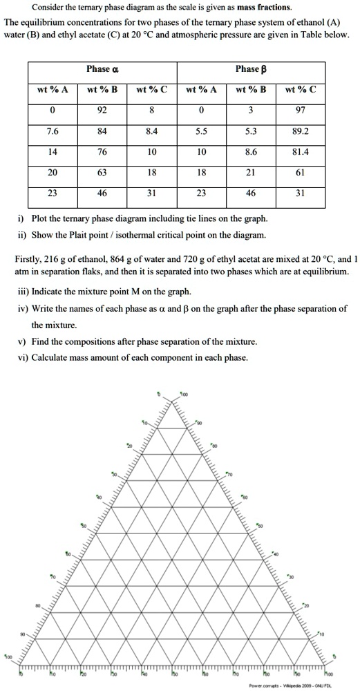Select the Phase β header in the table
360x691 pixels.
tap(252, 69)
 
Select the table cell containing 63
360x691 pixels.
tap(102, 173)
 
